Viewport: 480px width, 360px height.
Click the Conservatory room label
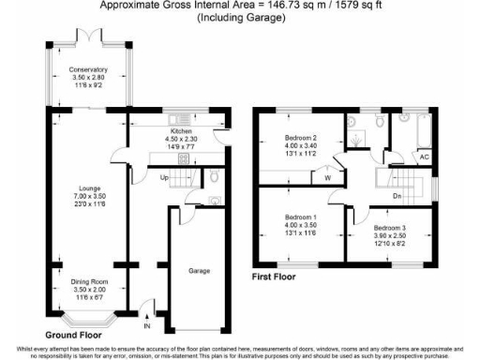88,70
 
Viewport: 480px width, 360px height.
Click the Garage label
199,271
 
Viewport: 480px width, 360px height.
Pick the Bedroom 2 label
302,138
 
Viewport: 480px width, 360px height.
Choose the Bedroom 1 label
302,217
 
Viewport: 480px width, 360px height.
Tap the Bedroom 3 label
390,228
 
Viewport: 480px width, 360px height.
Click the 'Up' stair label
163,177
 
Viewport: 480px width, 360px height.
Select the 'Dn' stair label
397,195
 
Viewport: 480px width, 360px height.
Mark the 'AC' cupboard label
424,157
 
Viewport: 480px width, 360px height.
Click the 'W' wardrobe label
328,175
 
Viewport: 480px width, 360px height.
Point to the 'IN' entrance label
146,326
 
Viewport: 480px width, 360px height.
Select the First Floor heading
280,277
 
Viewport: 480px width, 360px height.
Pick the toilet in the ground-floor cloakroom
216,176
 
